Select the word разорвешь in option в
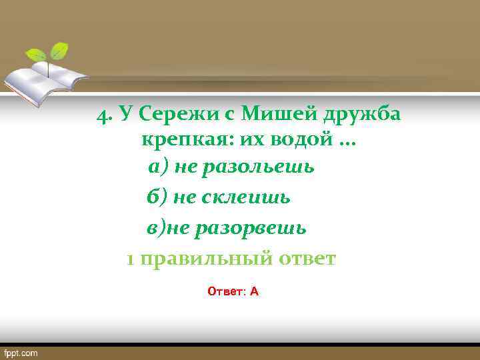(249, 228)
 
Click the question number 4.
(103, 115)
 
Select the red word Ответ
(225, 291)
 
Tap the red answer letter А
(254, 291)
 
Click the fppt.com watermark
(22, 352)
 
